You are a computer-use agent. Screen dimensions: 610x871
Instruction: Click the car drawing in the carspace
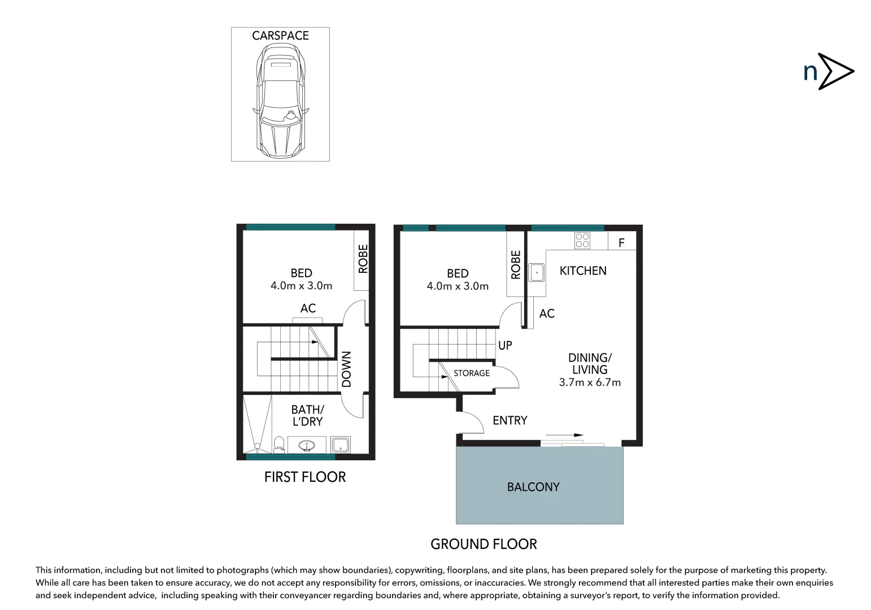(x=281, y=102)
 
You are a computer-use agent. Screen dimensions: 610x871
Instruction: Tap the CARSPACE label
(x=280, y=36)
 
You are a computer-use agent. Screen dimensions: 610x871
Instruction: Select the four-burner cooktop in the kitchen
(x=582, y=241)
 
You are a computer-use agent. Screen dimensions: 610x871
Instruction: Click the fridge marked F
(x=622, y=242)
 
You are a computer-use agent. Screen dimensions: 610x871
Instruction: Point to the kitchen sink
(x=536, y=272)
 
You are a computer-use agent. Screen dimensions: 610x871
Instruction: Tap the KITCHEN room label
(x=583, y=271)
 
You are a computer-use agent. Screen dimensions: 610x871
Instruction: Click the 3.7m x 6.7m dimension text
(x=590, y=382)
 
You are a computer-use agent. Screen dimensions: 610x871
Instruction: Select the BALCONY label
(x=533, y=487)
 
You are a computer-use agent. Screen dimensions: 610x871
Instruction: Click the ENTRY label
(x=509, y=421)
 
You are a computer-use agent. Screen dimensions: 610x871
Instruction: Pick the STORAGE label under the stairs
(x=472, y=373)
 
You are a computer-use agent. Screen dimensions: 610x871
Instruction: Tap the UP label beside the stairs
(x=505, y=345)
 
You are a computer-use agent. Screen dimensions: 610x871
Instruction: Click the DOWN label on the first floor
(x=347, y=369)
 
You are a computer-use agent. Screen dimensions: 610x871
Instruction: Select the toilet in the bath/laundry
(x=278, y=444)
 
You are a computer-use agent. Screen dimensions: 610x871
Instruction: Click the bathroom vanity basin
(x=307, y=445)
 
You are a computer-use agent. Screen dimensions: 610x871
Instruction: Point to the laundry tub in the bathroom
(x=341, y=445)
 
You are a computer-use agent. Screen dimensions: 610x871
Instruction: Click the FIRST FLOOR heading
(x=305, y=477)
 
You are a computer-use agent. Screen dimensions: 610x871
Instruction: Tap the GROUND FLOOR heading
(x=484, y=544)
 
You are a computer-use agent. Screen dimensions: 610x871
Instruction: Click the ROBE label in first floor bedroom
(x=363, y=259)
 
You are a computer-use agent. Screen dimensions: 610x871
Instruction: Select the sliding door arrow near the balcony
(x=564, y=435)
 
